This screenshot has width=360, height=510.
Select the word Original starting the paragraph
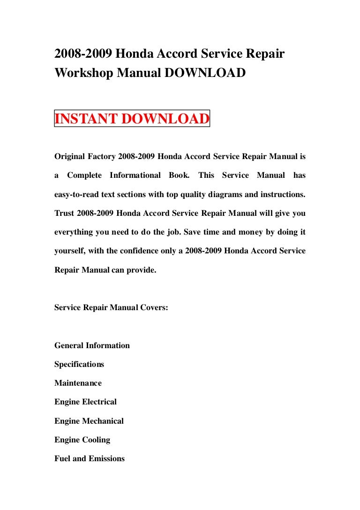pyautogui.click(x=70, y=156)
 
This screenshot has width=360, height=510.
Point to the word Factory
pyautogui.click(x=102, y=156)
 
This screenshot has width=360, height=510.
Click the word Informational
pyautogui.click(x=135, y=175)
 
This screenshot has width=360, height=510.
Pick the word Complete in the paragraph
pyautogui.click(x=84, y=175)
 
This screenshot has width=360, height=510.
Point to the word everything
pyautogui.click(x=73, y=232)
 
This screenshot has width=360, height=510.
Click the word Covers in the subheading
pyautogui.click(x=154, y=307)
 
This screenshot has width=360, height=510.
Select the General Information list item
pyautogui.click(x=92, y=345)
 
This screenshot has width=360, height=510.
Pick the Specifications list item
pyautogui.click(x=79, y=364)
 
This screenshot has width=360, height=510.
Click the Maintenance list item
pyautogui.click(x=78, y=383)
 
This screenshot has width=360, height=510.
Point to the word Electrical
pyautogui.click(x=99, y=402)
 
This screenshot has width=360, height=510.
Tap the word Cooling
pyautogui.click(x=96, y=440)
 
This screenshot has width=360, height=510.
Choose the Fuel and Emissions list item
pyautogui.click(x=90, y=458)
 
